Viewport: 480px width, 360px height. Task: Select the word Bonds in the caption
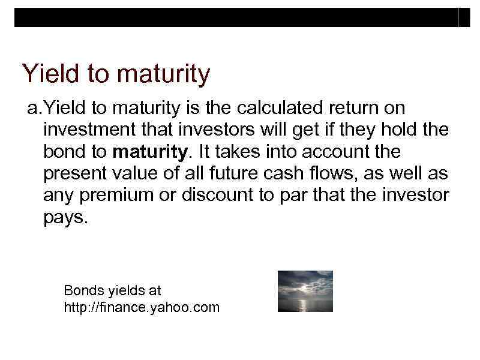point(84,291)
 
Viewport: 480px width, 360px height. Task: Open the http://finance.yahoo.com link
point(142,308)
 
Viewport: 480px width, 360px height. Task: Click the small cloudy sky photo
point(305,291)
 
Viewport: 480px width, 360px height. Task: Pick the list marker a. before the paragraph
point(34,109)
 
